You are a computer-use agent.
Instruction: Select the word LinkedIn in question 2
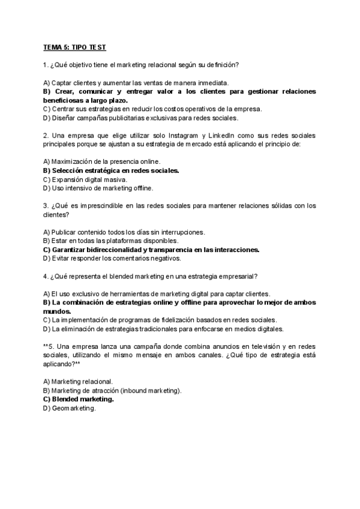pos(222,136)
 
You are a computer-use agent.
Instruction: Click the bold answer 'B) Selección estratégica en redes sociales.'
pos(111,170)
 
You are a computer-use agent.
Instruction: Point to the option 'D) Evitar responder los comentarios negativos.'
pos(112,259)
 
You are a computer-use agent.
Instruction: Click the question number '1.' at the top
pos(46,64)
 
